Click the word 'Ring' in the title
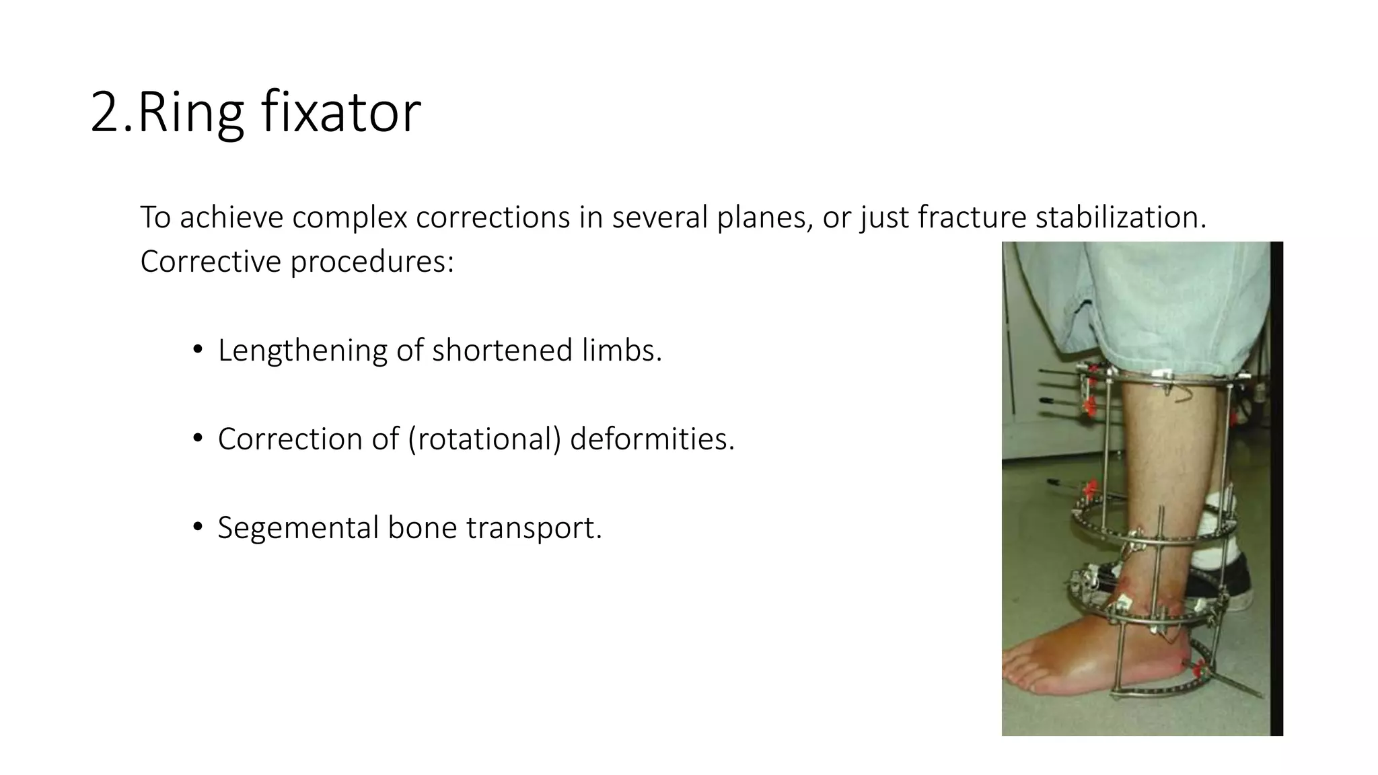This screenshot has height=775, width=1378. click(190, 112)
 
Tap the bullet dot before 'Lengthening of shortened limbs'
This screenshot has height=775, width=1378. click(197, 350)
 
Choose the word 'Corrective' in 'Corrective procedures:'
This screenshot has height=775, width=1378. click(210, 262)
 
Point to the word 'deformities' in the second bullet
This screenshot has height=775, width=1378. click(651, 439)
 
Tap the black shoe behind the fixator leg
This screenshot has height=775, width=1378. click(1235, 582)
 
